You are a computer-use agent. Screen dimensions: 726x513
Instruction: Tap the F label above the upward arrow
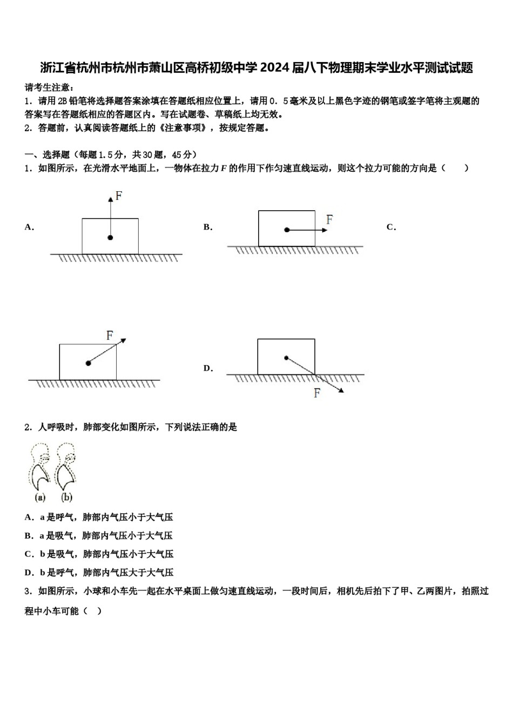pos(119,196)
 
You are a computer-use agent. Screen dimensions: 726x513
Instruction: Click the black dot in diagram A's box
pos(110,238)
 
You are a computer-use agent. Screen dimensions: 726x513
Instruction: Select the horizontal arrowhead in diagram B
pos(325,230)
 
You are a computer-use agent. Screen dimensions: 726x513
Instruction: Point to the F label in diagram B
pos(329,219)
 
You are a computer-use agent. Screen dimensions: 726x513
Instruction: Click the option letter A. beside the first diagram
pos(29,227)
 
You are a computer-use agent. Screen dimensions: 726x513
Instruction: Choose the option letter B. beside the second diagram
pos(208,227)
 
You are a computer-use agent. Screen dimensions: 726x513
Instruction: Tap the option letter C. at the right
pos(391,227)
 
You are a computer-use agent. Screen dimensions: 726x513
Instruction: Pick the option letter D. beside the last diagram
pos(208,369)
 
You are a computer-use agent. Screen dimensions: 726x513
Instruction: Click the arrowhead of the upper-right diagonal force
pos(123,340)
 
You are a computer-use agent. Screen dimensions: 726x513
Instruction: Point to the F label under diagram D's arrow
pos(317,393)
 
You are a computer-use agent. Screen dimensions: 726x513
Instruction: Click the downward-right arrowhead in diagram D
pos(341,391)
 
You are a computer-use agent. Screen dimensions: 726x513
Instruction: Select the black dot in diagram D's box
pos(287,358)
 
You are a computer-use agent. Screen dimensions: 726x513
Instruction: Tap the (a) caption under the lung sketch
pos(40,498)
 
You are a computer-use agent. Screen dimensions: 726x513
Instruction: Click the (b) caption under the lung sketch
pos(66,498)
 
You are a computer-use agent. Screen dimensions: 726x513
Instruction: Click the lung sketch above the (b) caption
pos(66,467)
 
